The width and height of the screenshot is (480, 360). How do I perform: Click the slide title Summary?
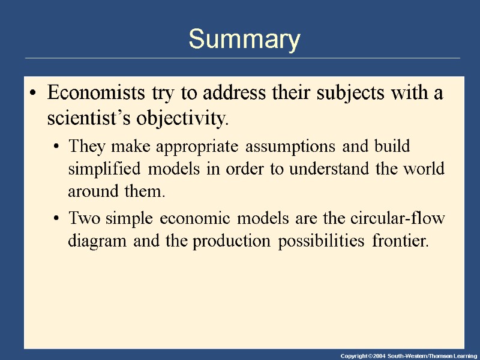(244, 40)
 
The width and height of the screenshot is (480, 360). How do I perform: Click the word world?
(425, 169)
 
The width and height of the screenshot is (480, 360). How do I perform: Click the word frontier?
(401, 241)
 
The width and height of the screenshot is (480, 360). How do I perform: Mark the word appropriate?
(191, 146)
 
